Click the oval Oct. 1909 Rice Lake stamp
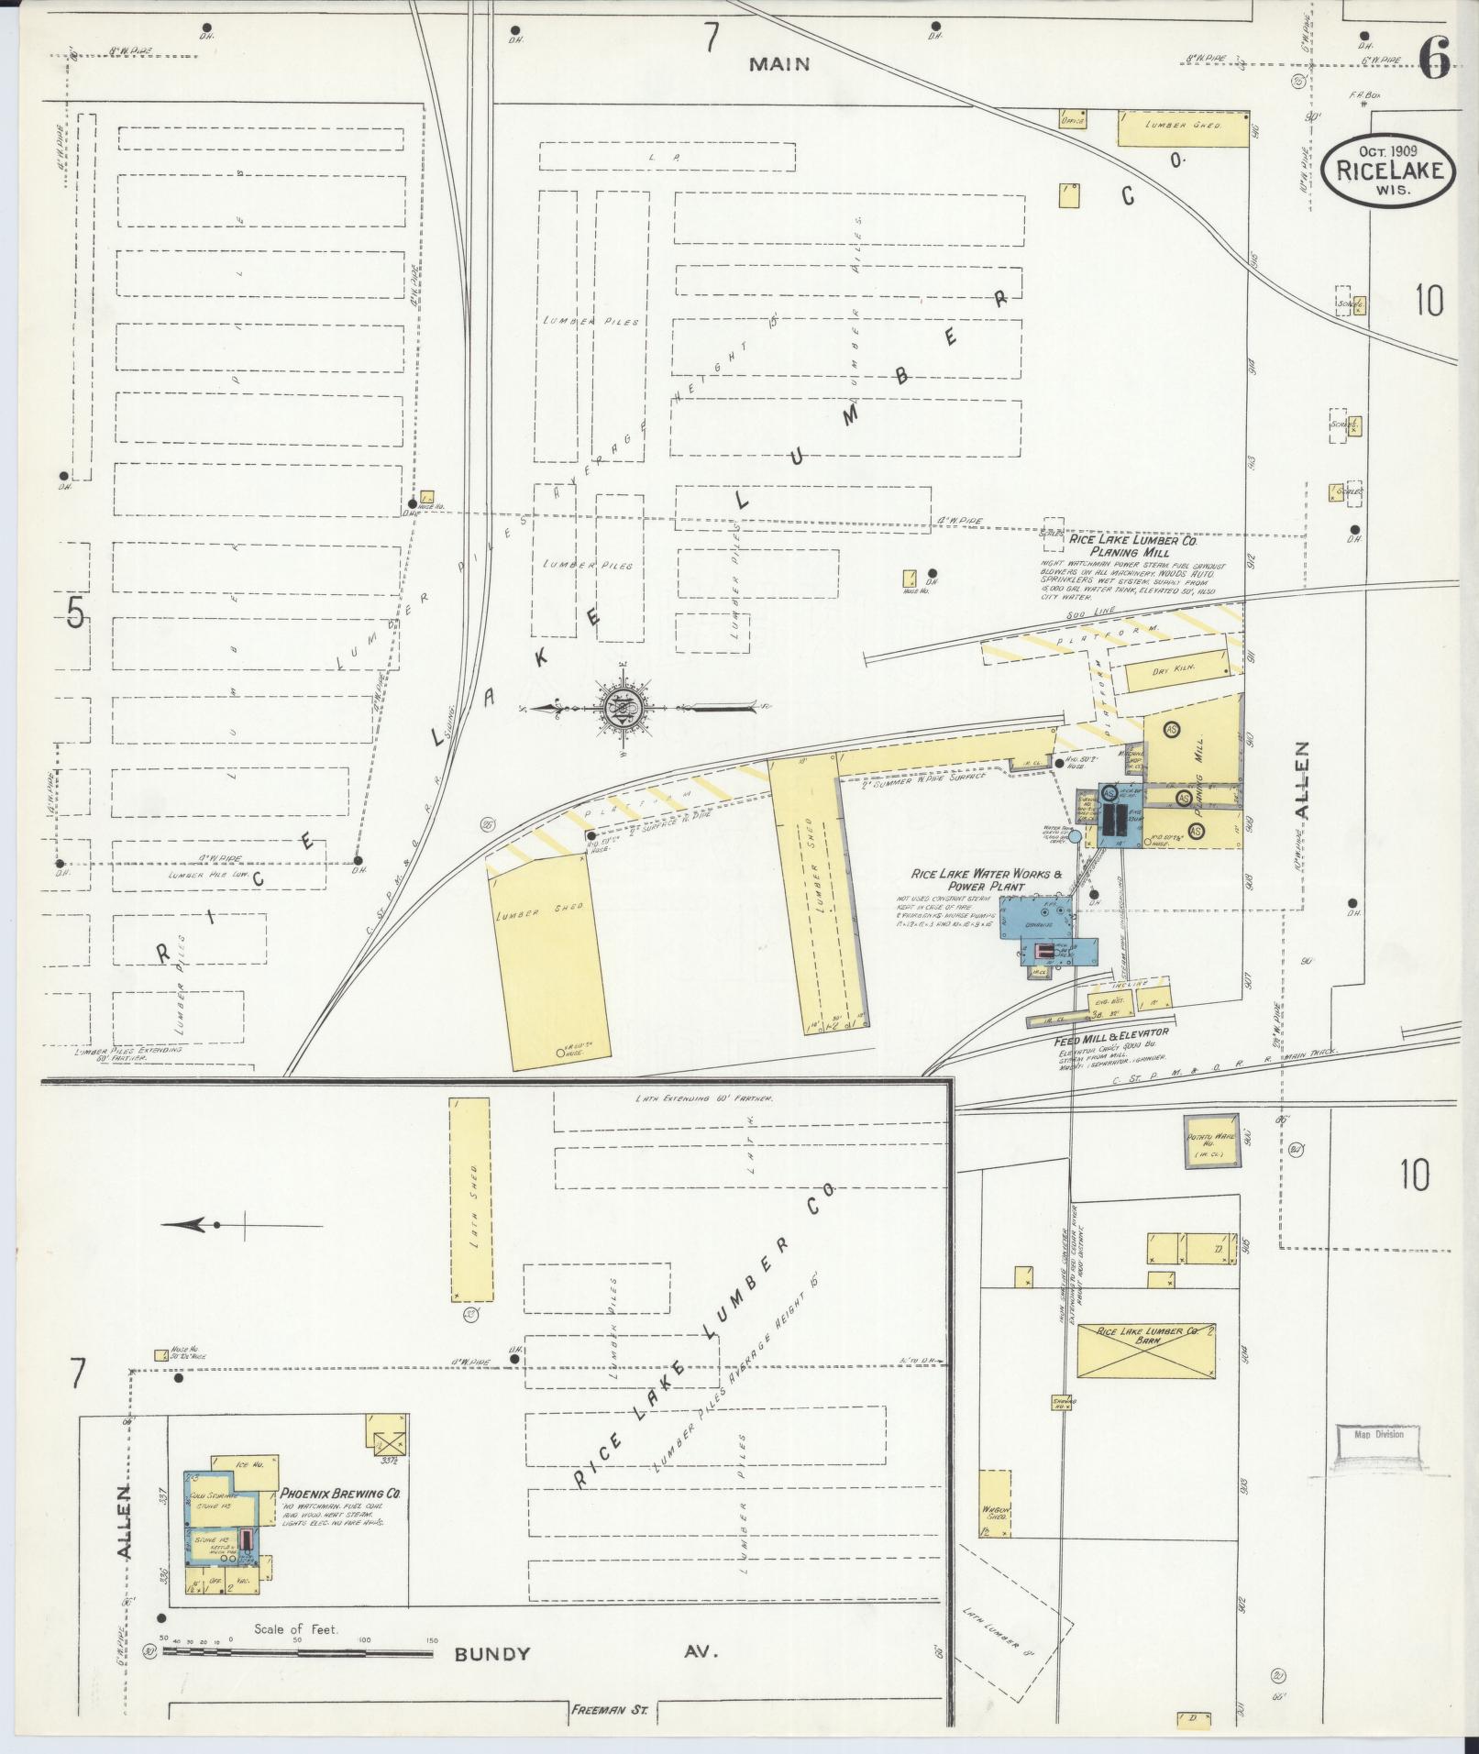[1388, 170]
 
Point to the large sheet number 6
[1434, 57]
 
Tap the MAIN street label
[779, 63]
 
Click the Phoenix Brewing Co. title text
[341, 1494]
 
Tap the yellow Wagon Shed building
[996, 1504]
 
